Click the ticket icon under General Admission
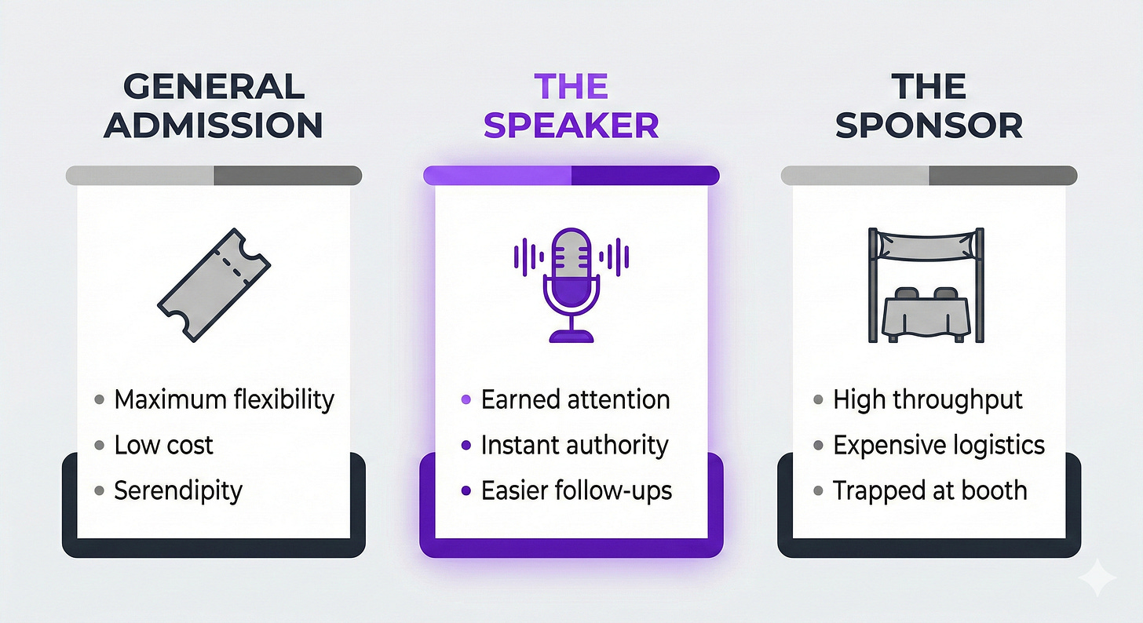(x=214, y=285)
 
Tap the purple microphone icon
(x=571, y=285)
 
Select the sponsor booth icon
(x=926, y=285)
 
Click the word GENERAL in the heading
(x=214, y=86)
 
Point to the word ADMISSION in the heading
(x=214, y=125)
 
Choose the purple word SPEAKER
(x=571, y=125)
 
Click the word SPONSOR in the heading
(x=929, y=125)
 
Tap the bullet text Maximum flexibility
(x=224, y=399)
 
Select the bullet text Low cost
(x=163, y=445)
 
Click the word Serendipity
(x=178, y=491)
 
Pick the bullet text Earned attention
(x=575, y=399)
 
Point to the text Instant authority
(x=575, y=445)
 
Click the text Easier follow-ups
(x=576, y=491)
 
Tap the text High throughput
(x=928, y=399)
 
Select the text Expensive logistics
(x=939, y=445)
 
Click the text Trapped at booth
(x=930, y=491)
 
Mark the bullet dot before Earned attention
(x=466, y=399)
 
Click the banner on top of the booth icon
(x=926, y=246)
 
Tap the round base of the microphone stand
(x=571, y=337)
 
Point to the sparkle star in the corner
(x=1097, y=577)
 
